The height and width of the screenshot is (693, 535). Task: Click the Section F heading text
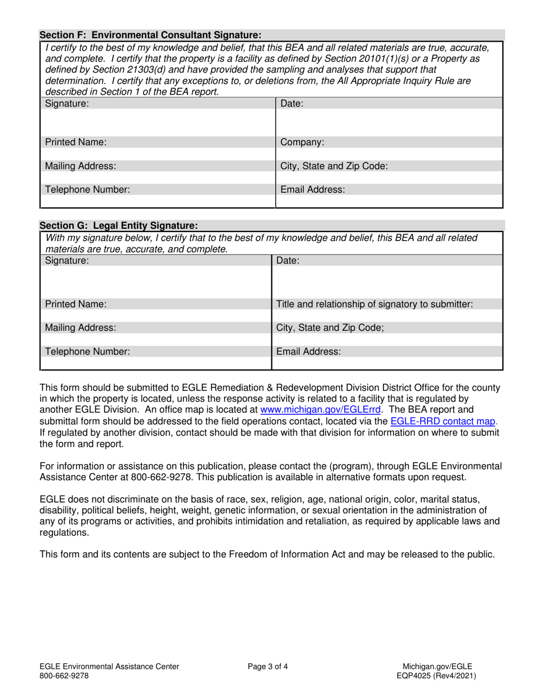(x=150, y=34)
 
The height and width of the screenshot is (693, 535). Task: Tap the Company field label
(x=302, y=143)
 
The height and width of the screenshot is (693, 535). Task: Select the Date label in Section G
(x=287, y=260)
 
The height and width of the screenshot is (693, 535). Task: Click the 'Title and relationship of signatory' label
(x=374, y=304)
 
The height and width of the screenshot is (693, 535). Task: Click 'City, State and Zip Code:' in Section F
(x=332, y=166)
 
